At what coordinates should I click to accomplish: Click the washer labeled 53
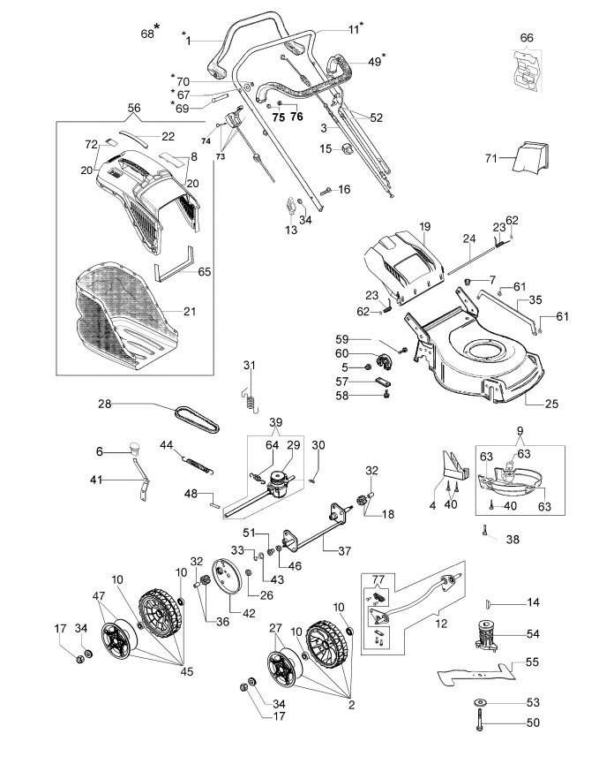pos(482,702)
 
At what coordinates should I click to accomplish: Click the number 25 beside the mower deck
pos(551,404)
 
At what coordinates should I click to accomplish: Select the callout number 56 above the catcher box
pos(134,108)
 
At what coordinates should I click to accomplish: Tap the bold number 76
pos(296,117)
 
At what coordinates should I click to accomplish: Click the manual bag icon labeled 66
pos(526,71)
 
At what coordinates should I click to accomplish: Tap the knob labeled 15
pos(348,148)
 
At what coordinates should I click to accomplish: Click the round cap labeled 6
pos(133,447)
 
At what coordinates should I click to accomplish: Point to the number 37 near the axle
pos(345,550)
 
